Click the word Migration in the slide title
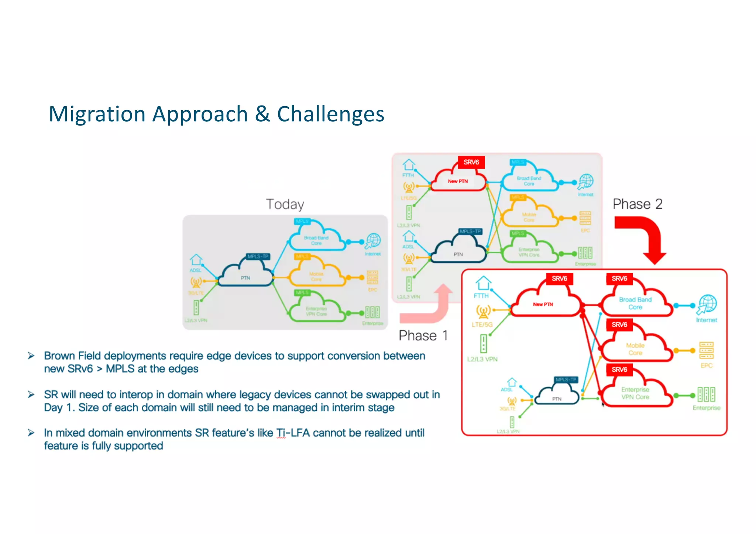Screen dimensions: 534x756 (97, 114)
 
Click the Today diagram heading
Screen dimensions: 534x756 (285, 204)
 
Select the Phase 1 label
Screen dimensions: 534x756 (423, 336)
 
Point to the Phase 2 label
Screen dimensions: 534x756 (638, 204)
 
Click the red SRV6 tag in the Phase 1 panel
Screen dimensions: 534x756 (471, 162)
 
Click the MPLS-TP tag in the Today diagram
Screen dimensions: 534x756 (258, 256)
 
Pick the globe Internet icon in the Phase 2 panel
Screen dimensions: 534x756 (707, 304)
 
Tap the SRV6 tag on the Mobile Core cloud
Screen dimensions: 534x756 (619, 325)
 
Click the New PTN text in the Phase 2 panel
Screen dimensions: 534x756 (543, 304)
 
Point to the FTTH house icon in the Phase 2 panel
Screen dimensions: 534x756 (483, 283)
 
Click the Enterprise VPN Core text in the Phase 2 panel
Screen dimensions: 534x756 (635, 393)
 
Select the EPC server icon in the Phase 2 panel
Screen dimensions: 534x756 (706, 350)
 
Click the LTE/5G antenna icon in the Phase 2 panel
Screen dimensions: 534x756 (483, 312)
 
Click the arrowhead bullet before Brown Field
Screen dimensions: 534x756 (31, 356)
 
